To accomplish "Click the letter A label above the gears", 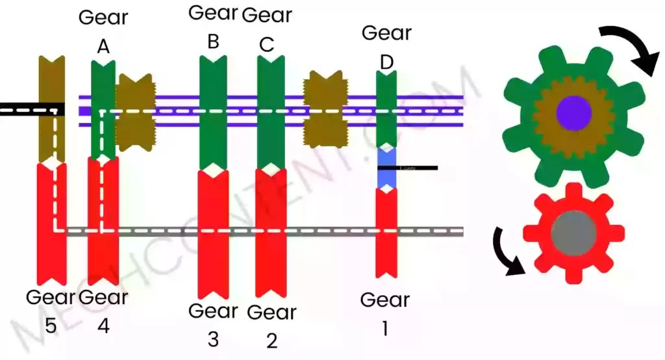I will pyautogui.click(x=103, y=46).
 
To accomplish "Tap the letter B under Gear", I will pyautogui.click(x=213, y=41).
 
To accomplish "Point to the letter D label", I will pyautogui.click(x=386, y=62).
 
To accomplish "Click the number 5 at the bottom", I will pyautogui.click(x=51, y=326).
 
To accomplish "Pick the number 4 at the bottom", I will pyautogui.click(x=103, y=326).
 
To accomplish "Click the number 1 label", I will pyautogui.click(x=384, y=329).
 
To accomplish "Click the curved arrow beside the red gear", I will pyautogui.click(x=509, y=250).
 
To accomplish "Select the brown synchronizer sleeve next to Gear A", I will pyautogui.click(x=134, y=112).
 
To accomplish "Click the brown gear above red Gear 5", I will pyautogui.click(x=52, y=107).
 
